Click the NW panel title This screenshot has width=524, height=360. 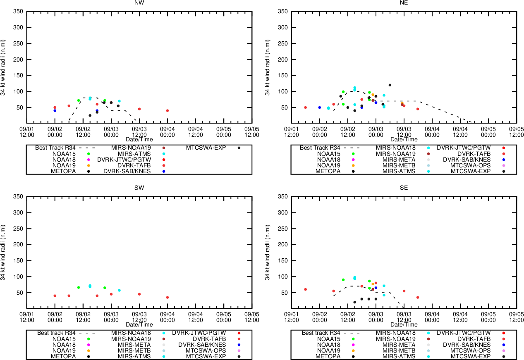[x=139, y=2]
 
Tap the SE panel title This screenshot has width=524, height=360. [x=404, y=188]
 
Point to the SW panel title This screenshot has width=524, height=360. [x=139, y=188]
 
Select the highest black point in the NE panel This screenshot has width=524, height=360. [x=390, y=85]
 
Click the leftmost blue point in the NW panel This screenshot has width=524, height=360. [x=55, y=111]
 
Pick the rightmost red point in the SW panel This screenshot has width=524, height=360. [x=167, y=297]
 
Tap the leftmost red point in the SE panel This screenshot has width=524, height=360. [x=305, y=289]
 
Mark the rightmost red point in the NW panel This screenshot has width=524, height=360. [x=167, y=110]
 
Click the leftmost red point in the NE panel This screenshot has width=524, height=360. [x=305, y=107]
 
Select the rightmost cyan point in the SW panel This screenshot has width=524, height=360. [x=119, y=290]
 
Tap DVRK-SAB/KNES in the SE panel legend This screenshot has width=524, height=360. [x=467, y=344]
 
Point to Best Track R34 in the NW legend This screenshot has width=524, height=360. [x=57, y=148]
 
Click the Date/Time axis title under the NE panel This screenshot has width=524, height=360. [x=404, y=140]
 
